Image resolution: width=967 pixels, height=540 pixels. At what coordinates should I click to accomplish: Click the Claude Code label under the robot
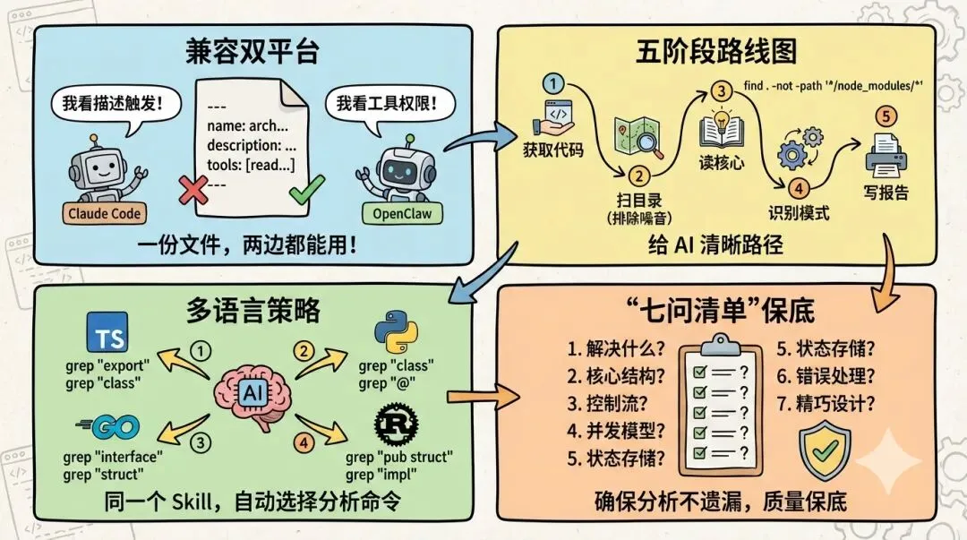tap(105, 213)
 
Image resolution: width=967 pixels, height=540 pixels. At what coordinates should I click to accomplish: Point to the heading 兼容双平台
tap(253, 51)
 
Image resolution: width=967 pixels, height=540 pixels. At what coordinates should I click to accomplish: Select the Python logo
tap(398, 332)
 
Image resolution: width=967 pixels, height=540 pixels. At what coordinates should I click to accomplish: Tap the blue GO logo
tap(100, 428)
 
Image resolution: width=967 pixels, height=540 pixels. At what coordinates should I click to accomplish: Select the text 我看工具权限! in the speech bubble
tap(388, 104)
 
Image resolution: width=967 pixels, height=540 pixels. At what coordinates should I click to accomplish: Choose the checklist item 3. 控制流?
tap(609, 404)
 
